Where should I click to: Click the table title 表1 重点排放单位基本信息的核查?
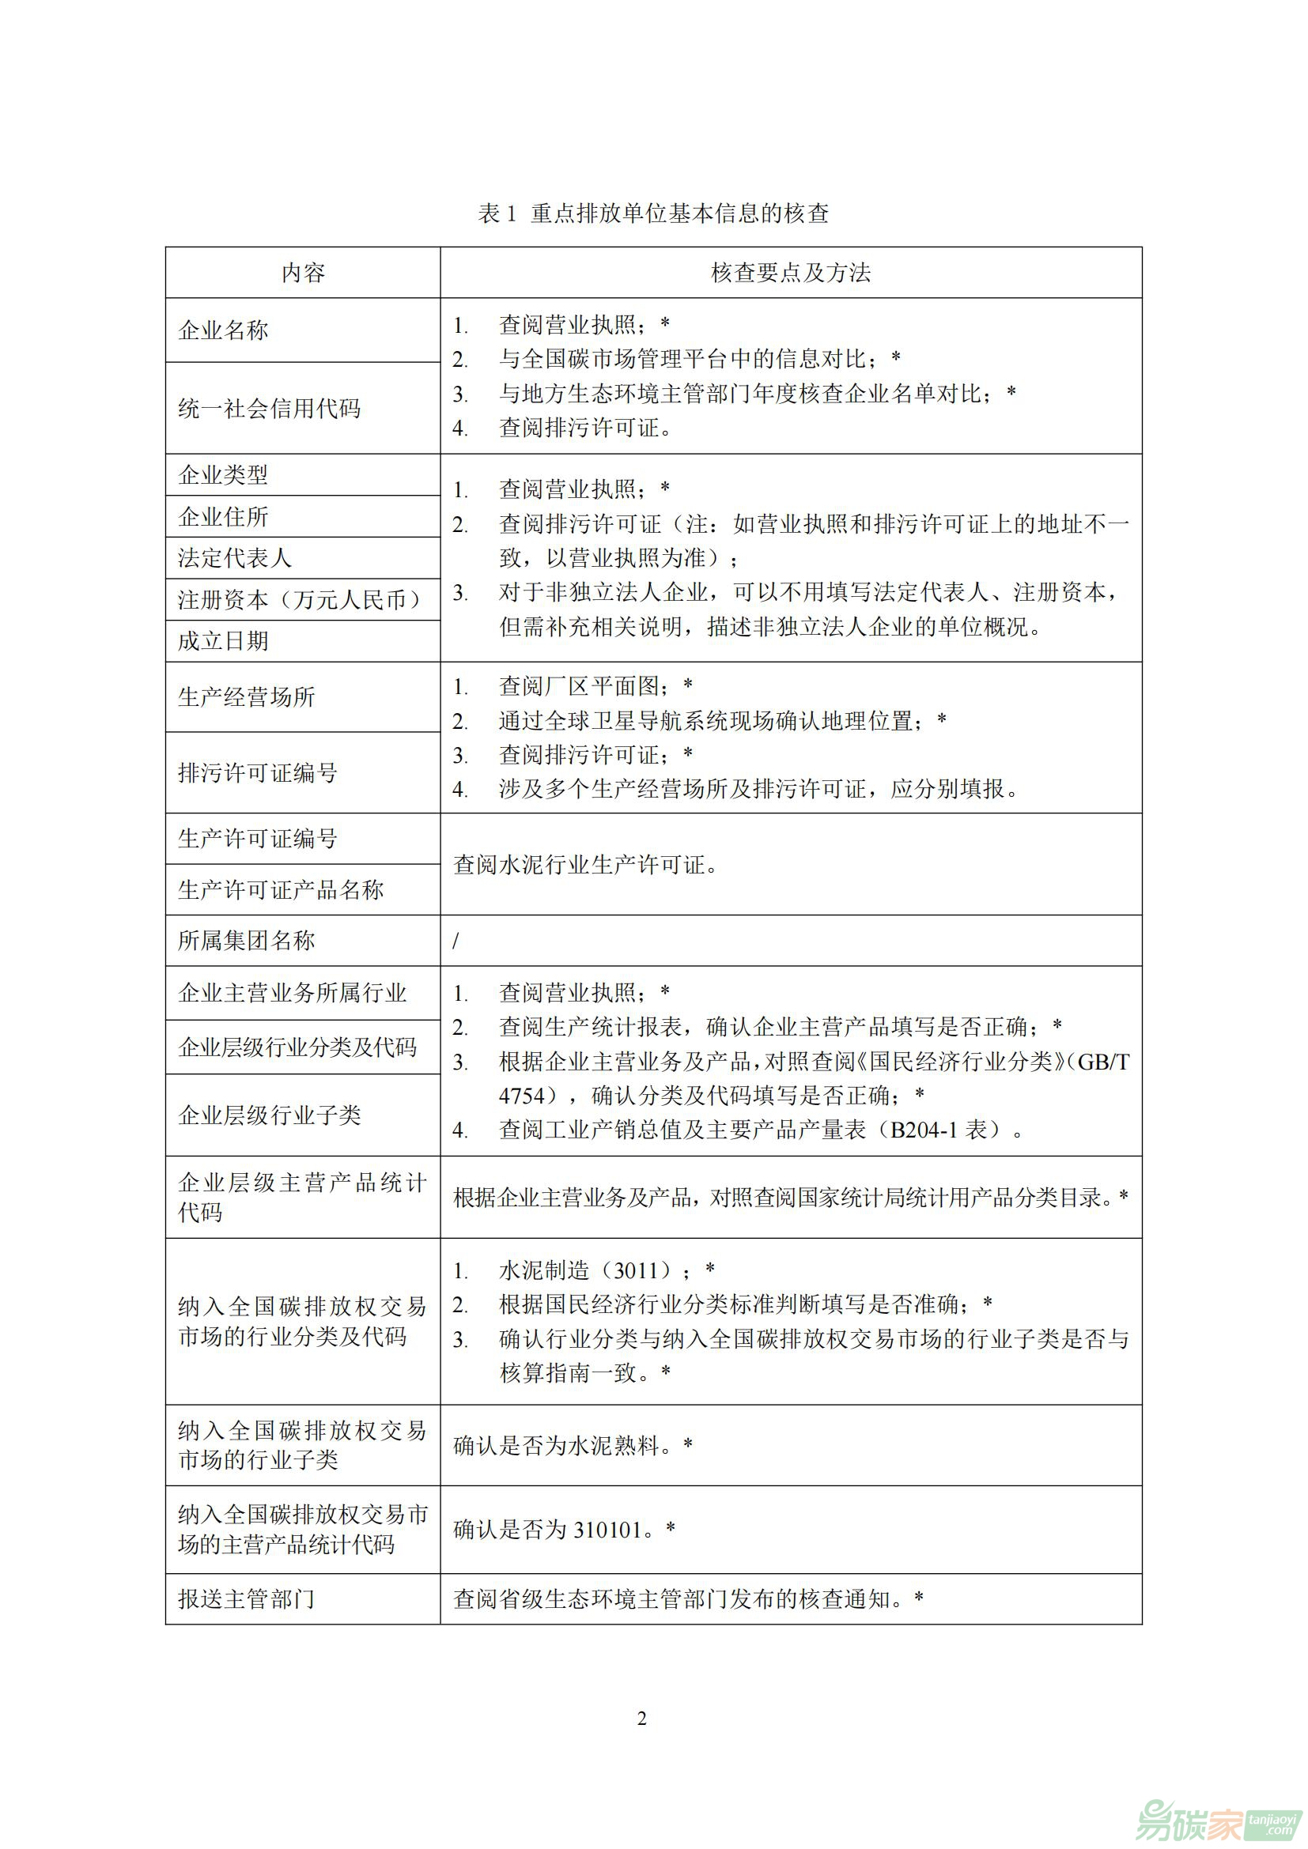653,213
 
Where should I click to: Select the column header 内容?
303,273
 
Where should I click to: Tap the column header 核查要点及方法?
790,273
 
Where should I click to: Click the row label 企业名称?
223,330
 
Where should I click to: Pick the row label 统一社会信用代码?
269,408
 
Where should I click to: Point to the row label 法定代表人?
234,557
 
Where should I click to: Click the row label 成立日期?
223,641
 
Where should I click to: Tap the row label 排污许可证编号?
258,772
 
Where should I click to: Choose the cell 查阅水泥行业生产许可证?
585,865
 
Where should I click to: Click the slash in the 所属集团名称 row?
456,941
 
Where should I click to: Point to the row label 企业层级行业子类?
269,1115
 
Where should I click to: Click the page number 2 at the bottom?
642,1719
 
